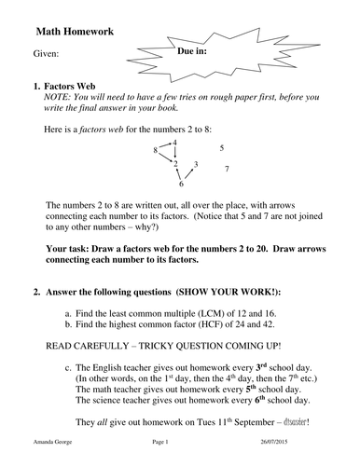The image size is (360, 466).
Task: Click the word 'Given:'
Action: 46,54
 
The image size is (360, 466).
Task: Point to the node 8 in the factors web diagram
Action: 155,149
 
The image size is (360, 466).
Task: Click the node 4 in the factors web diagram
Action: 174,142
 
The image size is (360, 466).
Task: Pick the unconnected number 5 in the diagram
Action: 221,147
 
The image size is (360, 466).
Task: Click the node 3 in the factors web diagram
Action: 195,164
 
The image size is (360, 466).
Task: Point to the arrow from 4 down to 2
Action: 174,153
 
